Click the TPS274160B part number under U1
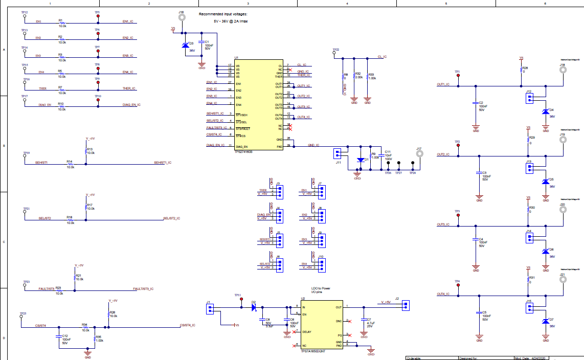243,152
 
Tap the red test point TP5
98,16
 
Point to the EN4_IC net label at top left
128,72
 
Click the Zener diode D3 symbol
185,46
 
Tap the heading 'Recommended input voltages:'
222,14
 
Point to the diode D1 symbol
361,160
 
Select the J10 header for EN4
322,264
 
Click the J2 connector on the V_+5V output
406,306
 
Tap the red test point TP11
241,301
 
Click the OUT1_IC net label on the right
443,84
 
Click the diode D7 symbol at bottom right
545,321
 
